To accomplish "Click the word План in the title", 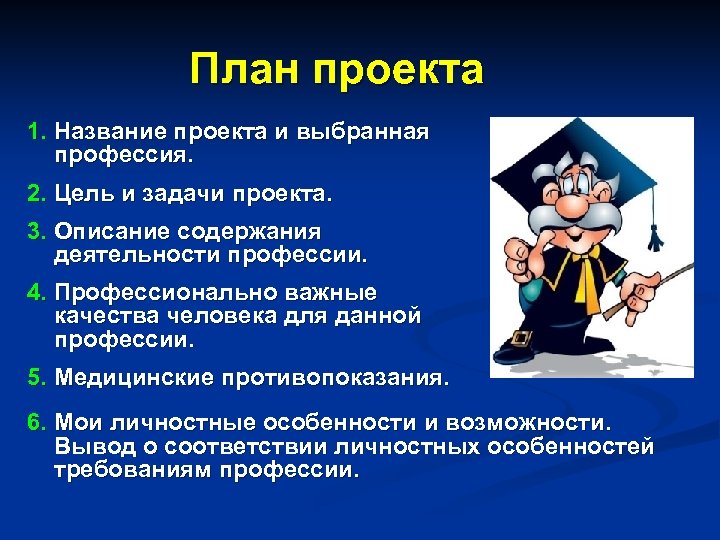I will click(245, 71).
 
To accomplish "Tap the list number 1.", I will click(37, 131).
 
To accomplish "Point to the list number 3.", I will click(37, 231).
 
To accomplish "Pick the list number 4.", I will click(37, 293).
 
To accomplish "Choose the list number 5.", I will click(37, 379).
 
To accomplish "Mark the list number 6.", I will click(37, 422).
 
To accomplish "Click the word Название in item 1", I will click(111, 131).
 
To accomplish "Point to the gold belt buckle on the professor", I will click(520, 336).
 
